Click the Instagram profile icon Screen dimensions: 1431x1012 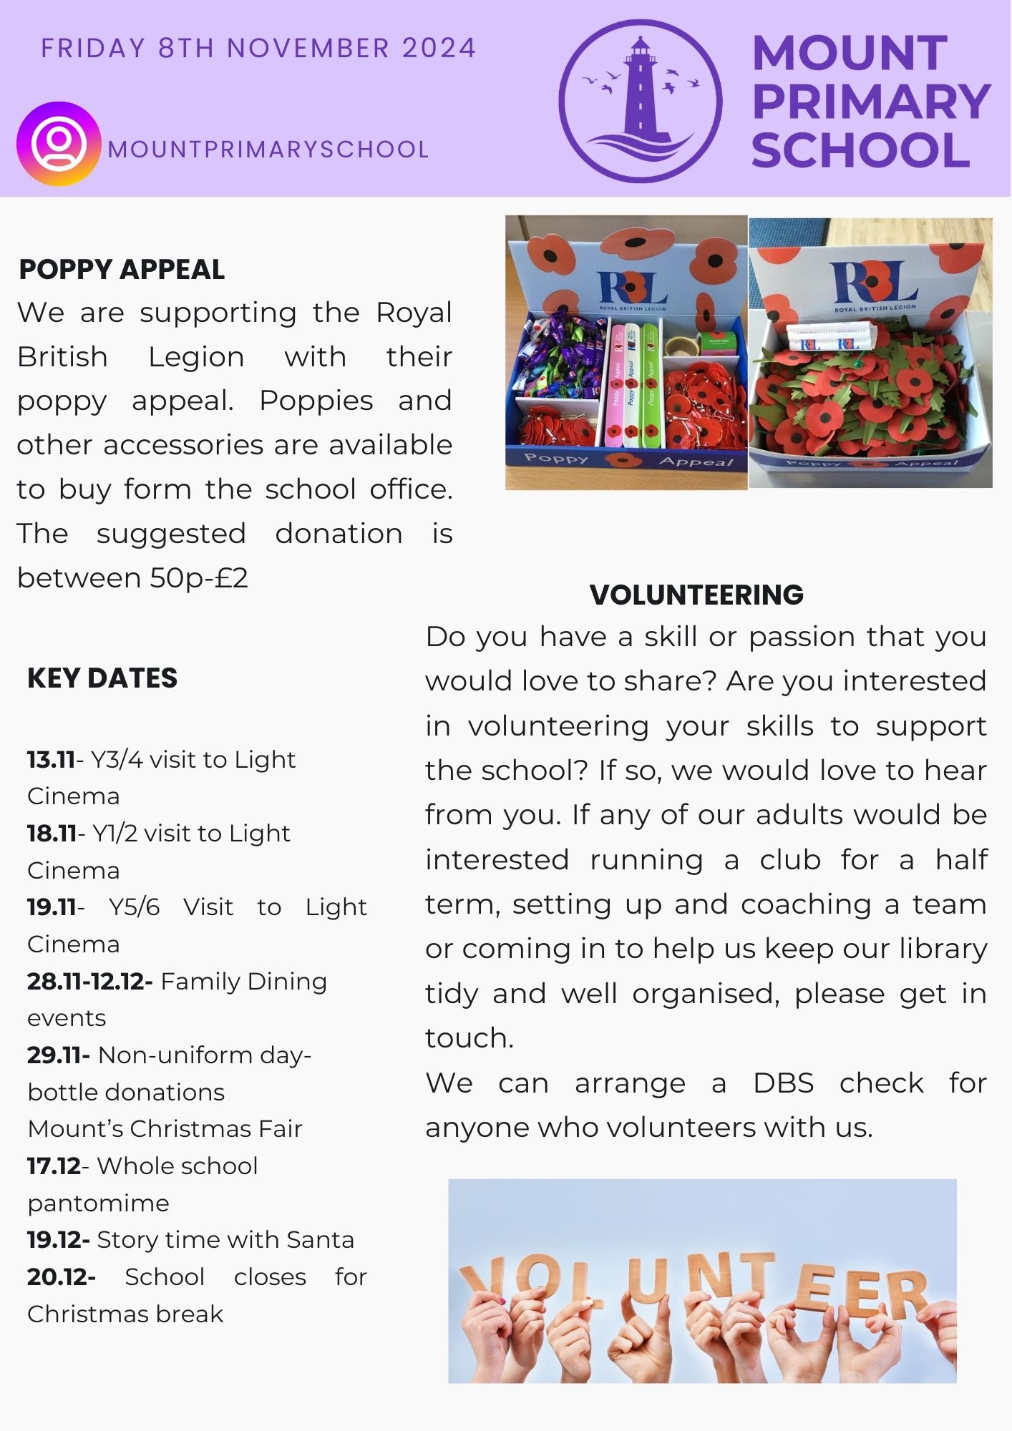(58, 144)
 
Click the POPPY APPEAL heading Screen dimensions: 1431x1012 (122, 270)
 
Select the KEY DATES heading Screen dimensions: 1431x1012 (102, 678)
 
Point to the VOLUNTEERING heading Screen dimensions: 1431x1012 (696, 595)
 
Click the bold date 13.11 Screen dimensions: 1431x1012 (51, 759)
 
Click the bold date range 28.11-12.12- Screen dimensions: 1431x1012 (89, 981)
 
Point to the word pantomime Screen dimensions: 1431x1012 (98, 1203)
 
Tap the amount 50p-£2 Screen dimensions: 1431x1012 (199, 578)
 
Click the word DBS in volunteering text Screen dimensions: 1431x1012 (783, 1083)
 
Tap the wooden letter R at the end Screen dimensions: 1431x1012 (902, 1294)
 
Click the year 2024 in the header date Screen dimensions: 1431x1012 (439, 48)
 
